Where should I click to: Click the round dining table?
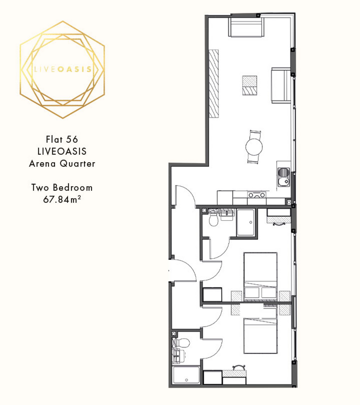254,147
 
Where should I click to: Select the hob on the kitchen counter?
256,195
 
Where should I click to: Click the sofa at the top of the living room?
246,27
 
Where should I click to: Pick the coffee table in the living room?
249,85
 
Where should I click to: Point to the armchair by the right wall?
281,85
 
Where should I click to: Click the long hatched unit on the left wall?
214,84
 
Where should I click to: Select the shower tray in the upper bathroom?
246,222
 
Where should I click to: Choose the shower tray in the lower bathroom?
186,375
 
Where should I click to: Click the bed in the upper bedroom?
260,276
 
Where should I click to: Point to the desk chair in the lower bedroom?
239,367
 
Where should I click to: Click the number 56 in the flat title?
72,140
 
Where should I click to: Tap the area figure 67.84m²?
62,199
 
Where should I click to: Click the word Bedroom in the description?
73,187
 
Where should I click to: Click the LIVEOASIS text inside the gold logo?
63,69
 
